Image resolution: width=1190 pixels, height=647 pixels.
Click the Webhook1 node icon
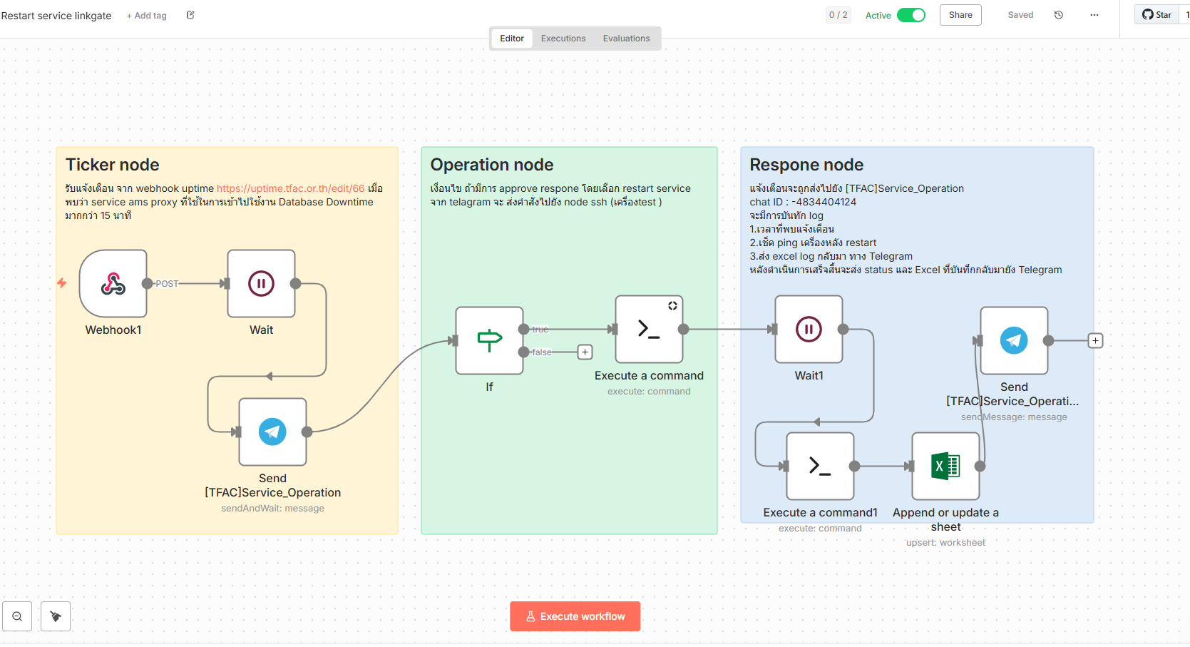[113, 284]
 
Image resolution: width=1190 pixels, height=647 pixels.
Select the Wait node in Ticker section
[261, 284]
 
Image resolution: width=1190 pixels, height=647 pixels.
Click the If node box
[490, 340]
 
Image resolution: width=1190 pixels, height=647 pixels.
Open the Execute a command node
[649, 330]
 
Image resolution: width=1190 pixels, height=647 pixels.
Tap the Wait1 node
[809, 330]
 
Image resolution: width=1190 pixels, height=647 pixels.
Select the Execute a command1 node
[820, 467]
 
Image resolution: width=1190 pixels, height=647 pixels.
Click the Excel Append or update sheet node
[945, 467]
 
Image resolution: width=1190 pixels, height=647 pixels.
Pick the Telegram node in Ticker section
[272, 432]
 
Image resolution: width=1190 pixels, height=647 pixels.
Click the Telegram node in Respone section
[1014, 341]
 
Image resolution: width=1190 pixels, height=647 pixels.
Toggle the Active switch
[911, 15]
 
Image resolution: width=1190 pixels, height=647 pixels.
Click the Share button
[960, 15]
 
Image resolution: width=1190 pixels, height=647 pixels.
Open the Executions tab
[563, 39]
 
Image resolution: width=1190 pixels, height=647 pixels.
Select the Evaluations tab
[626, 39]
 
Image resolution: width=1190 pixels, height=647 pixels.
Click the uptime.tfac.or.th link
[290, 188]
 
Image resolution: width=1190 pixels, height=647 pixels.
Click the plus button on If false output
[585, 352]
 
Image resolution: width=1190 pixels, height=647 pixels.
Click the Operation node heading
[492, 165]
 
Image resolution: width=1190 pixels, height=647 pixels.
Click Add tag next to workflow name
[147, 16]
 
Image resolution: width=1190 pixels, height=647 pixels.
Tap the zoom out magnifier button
[17, 616]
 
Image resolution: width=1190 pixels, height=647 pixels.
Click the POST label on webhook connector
[167, 284]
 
